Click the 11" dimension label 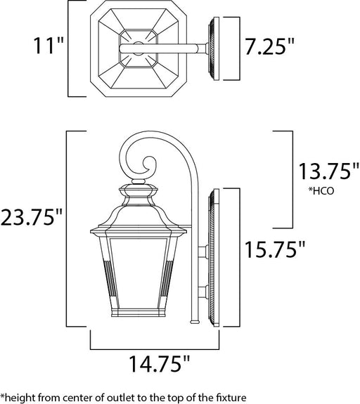point(49,46)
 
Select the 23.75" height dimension point(31,217)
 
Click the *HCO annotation point(321,190)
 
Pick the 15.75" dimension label point(275,249)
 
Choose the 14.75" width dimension point(159,363)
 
